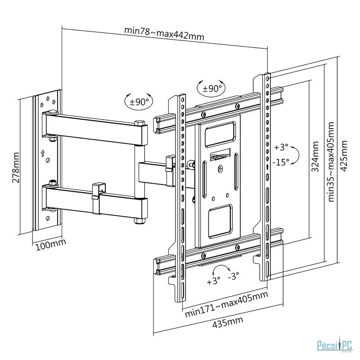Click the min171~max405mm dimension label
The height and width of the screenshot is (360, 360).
[x=226, y=304]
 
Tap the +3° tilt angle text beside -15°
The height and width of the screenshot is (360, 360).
[x=280, y=148]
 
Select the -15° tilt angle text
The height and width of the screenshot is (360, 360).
[x=280, y=162]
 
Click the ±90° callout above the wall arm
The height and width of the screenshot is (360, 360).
[x=139, y=102]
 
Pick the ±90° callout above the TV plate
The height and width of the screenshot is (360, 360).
[x=211, y=88]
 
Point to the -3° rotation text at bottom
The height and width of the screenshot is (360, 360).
[x=234, y=277]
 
